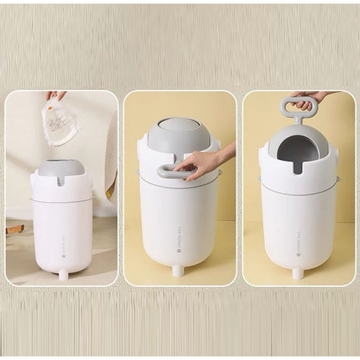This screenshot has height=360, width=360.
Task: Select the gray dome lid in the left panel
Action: point(61,166)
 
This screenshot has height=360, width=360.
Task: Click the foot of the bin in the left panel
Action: point(63,274)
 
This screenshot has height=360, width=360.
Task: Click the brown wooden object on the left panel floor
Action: point(15,230)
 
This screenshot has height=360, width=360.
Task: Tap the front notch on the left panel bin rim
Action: point(62,181)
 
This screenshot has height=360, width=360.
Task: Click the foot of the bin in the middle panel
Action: point(178,271)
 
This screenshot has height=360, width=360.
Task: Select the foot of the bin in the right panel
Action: point(297,273)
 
